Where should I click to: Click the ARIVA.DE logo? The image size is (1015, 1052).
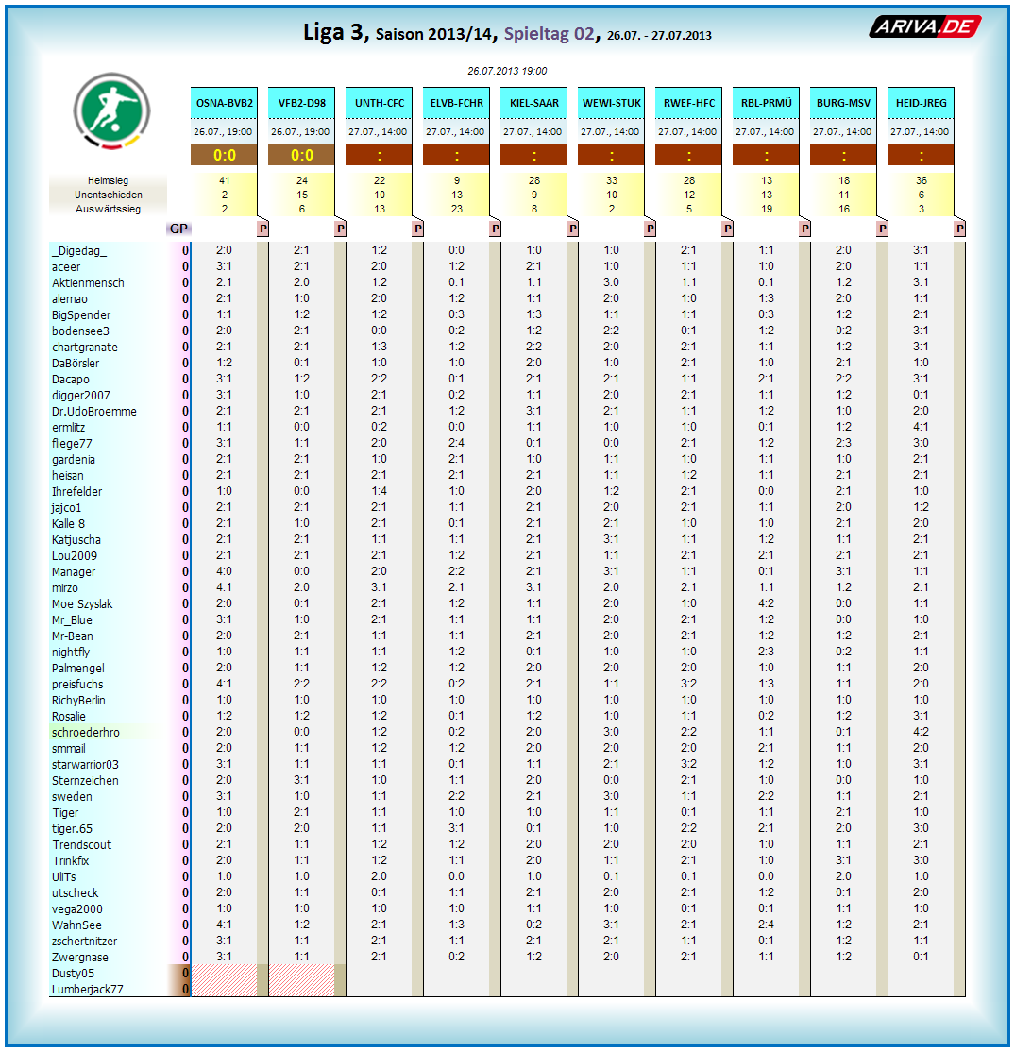[924, 27]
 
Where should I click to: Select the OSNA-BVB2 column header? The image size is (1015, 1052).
[225, 103]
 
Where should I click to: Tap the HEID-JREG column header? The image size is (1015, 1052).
[921, 103]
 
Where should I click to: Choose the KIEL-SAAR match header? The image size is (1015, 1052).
[534, 103]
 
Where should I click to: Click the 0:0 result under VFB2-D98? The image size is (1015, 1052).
[302, 156]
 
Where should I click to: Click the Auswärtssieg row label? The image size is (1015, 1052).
[108, 209]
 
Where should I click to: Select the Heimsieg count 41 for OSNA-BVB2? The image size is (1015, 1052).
[225, 180]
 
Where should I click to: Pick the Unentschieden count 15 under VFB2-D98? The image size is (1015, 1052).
[302, 195]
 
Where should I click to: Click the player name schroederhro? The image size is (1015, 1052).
[85, 732]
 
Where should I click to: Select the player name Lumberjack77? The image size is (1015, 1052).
[87, 990]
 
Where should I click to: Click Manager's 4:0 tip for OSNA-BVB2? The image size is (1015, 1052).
[225, 571]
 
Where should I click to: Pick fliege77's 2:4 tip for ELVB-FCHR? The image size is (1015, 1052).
[457, 443]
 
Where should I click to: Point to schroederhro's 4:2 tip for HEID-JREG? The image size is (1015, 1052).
[921, 732]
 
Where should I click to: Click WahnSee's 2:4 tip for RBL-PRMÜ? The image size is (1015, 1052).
[767, 925]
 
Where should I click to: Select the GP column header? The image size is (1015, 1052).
[178, 229]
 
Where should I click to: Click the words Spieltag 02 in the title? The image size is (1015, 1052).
[549, 34]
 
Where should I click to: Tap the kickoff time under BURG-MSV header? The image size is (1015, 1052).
[844, 131]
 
